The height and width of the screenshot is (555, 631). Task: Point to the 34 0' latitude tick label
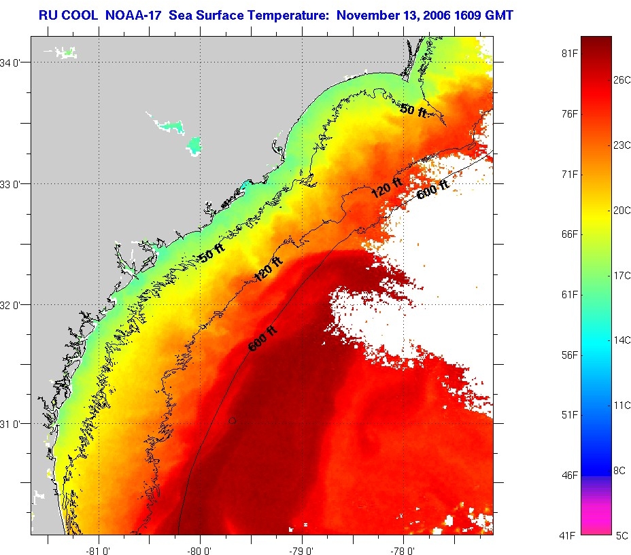14,62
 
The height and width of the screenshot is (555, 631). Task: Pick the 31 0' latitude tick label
14,424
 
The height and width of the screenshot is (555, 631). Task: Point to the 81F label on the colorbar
568,53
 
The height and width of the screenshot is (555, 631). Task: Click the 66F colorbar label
568,234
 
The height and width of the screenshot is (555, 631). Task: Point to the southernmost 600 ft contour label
262,339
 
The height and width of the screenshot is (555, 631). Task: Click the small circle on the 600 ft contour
233,420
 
